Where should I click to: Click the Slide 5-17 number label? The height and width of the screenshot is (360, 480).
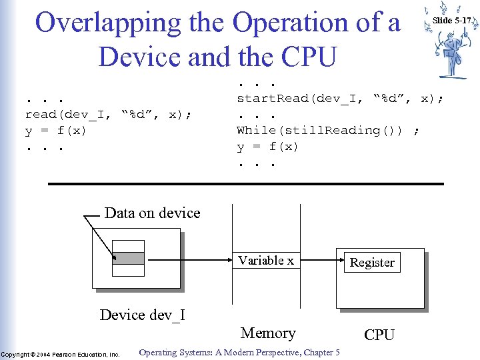[x=452, y=21]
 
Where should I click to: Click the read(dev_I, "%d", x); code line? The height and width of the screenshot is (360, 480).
[x=108, y=115]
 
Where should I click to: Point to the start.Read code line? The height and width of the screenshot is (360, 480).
[x=340, y=99]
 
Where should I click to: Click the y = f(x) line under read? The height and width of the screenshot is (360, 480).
[x=56, y=131]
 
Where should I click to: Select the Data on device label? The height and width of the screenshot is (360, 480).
[x=152, y=213]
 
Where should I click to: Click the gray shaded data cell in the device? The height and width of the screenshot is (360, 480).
[x=128, y=259]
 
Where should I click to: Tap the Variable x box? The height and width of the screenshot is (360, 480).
[x=266, y=261]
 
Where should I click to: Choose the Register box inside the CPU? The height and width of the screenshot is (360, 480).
[x=372, y=263]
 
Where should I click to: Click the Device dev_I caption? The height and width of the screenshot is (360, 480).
[x=142, y=315]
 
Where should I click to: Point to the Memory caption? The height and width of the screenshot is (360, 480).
[x=268, y=333]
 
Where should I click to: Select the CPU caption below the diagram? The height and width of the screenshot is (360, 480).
[x=379, y=335]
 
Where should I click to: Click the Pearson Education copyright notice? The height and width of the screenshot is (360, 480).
[x=60, y=354]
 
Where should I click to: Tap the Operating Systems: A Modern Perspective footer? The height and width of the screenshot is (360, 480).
[x=239, y=353]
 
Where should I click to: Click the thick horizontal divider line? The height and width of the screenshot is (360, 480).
[x=245, y=183]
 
